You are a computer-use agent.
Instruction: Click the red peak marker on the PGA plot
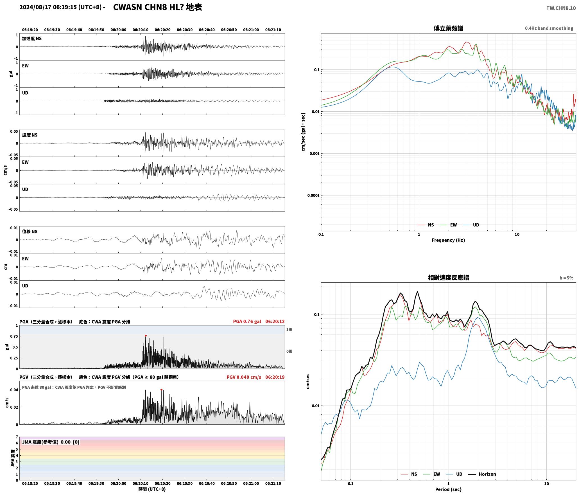pos(146,336)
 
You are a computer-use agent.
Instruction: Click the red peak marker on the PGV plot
pos(161,390)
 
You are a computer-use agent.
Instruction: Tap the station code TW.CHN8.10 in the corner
pos(561,8)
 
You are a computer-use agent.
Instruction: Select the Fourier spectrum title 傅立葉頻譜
pos(448,28)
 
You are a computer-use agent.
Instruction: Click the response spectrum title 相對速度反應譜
pos(448,278)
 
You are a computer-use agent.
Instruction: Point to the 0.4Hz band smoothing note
pos(549,28)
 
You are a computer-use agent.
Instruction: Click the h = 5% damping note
pos(566,278)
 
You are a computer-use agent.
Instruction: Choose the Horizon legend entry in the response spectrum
pos(482,474)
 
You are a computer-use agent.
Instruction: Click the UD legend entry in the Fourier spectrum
pos(471,225)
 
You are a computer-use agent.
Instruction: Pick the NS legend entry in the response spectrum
pos(409,474)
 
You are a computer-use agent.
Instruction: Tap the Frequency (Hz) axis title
pos(448,240)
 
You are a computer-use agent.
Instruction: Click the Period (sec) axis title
pos(448,489)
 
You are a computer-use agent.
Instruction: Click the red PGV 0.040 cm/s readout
pos(244,377)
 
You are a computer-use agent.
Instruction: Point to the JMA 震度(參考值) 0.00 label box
pos(51,442)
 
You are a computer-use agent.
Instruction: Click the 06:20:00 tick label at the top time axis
pos(118,30)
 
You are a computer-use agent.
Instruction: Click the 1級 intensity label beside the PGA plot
pos(289,329)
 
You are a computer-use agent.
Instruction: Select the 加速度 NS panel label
pos(32,39)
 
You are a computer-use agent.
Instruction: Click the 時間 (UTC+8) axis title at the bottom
pos(152,489)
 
